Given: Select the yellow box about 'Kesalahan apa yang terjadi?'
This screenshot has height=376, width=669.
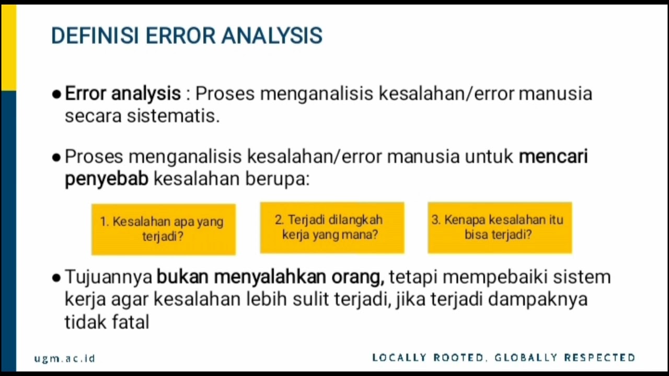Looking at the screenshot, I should pos(163,229).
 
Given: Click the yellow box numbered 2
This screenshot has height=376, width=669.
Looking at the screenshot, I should pos(332,228).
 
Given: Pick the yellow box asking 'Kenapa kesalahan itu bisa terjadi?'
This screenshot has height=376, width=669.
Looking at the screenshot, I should pos(500,228).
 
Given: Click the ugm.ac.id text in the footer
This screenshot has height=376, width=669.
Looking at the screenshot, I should pos(65,358).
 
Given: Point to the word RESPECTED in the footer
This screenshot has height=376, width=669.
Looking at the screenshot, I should pos(599,358).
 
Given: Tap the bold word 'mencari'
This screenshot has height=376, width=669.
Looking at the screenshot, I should pos(553,156).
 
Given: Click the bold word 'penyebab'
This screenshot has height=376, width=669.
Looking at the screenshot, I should pos(107,179).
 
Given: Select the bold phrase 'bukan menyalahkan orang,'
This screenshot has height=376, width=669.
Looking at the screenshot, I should pos(270,277).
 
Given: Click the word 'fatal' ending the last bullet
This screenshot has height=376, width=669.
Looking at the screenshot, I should pos(131,322).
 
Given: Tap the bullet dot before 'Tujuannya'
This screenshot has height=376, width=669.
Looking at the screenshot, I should pos(56,278).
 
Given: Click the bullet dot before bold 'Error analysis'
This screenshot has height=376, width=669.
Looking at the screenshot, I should pos(56,95).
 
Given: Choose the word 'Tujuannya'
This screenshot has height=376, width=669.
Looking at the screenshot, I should pos(108,277).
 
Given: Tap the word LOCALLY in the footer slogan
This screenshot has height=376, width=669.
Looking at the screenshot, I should pos(400,358).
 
